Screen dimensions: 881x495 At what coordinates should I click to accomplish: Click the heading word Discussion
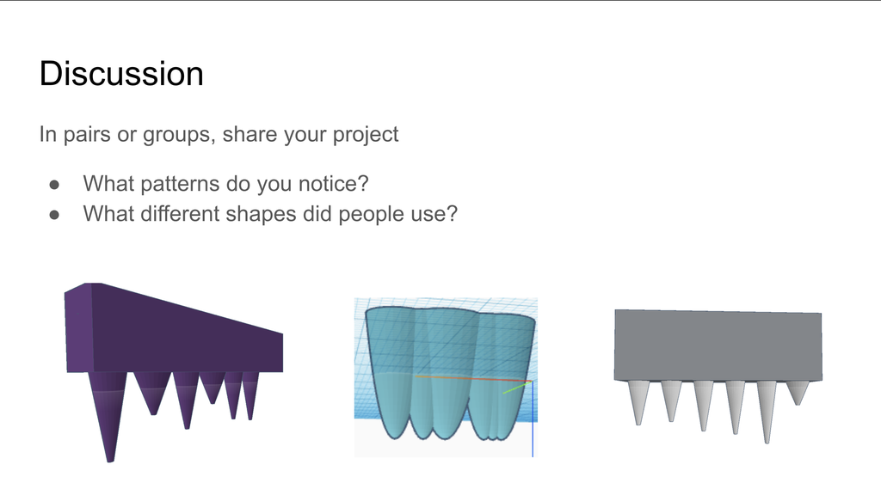tap(121, 74)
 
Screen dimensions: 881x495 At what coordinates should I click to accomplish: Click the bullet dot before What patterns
tap(54, 185)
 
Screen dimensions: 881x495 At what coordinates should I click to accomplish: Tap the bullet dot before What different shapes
tap(54, 215)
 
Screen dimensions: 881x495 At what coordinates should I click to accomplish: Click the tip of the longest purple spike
tap(111, 461)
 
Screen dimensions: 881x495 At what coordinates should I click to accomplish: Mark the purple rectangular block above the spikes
tap(174, 328)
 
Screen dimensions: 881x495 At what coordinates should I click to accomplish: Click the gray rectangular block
tap(718, 345)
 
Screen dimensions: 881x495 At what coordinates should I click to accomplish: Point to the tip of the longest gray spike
tap(767, 443)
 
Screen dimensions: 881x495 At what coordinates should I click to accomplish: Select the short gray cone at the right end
tap(798, 392)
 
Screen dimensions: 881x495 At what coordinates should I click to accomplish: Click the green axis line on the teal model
tap(517, 388)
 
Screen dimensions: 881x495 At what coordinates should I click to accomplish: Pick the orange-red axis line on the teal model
tap(473, 379)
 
